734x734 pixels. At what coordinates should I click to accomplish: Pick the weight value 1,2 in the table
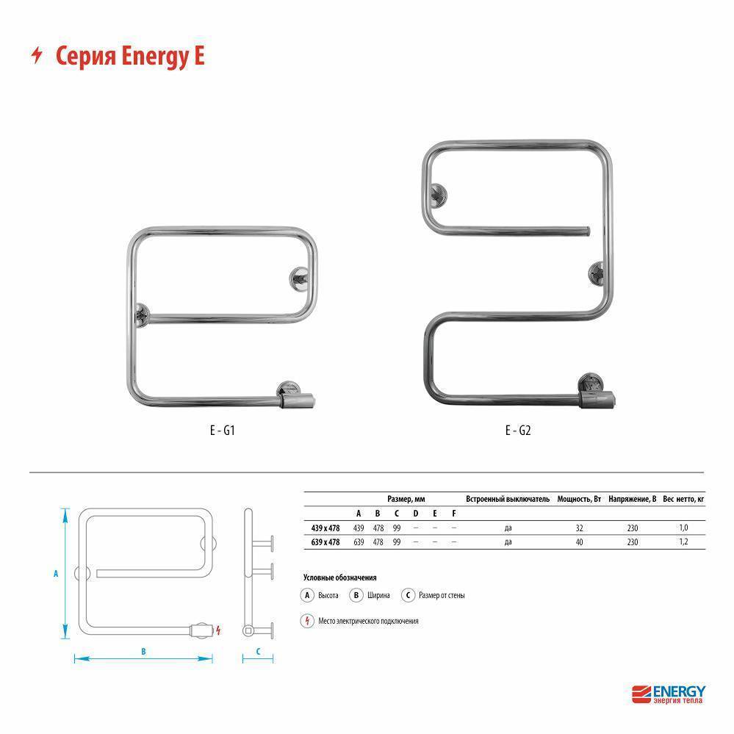point(683,541)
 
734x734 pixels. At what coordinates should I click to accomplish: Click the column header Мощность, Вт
point(579,498)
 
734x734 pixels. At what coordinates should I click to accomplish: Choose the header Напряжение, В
point(632,498)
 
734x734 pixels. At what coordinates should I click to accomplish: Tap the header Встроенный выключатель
point(508,498)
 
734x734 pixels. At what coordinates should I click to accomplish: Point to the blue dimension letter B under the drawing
point(144,651)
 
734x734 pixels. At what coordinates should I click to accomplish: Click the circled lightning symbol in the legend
point(308,621)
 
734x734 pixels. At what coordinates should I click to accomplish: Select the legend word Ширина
point(378,595)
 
